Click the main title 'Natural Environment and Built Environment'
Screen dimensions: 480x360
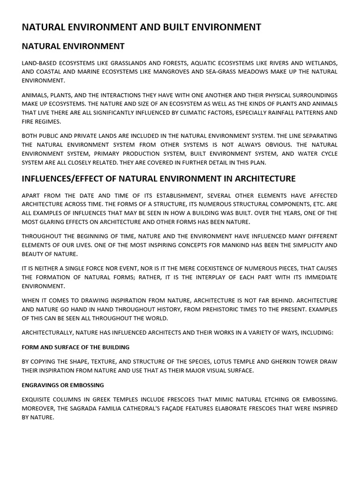click(141, 27)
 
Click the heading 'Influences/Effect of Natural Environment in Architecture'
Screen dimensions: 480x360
click(158, 179)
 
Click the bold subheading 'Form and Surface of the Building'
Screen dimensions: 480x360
click(75, 347)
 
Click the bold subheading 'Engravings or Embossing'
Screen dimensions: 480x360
click(63, 385)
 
